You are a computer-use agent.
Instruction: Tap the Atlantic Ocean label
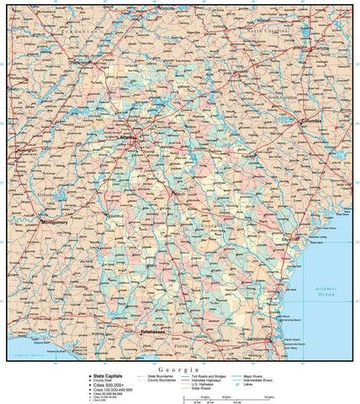326,291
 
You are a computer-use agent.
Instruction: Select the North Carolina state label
265,29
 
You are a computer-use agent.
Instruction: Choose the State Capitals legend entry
108,376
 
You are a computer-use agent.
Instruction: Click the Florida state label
181,345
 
